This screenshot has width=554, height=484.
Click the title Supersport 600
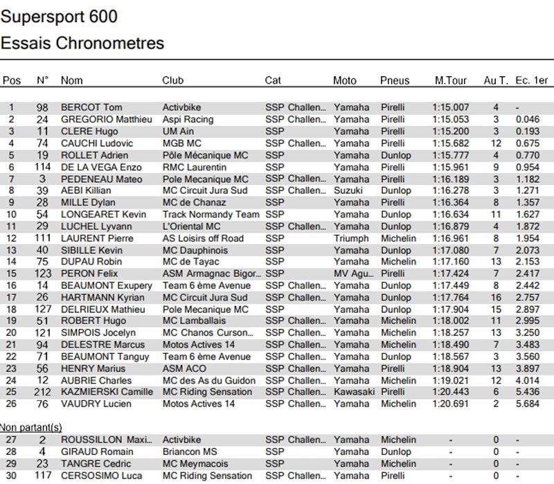click(59, 17)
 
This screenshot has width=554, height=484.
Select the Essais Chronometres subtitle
click(82, 43)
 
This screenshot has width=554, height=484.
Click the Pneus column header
click(395, 80)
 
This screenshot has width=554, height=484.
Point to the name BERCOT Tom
click(91, 107)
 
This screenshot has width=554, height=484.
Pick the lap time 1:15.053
click(450, 119)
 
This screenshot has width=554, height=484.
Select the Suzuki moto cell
click(349, 190)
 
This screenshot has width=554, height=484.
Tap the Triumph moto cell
click(351, 238)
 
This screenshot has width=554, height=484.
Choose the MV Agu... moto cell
click(353, 274)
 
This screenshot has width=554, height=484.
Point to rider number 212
click(42, 392)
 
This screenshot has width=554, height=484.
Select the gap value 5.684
click(528, 404)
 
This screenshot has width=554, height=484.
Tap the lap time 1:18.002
click(450, 321)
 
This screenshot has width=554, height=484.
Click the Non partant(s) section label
click(31, 427)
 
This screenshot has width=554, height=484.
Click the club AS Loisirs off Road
click(203, 238)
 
